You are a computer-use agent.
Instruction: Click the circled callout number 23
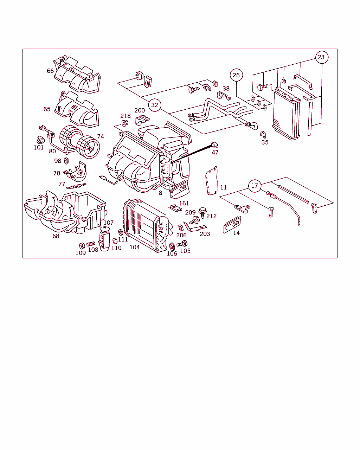322,57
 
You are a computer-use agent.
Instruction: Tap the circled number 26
236,75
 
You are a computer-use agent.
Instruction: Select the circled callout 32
155,105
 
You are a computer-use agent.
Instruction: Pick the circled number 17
255,186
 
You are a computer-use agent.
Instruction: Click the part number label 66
50,71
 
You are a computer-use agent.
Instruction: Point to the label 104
135,247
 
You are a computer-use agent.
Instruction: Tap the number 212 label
211,216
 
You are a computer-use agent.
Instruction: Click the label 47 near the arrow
215,152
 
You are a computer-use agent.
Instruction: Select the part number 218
125,116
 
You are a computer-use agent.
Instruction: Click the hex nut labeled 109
82,246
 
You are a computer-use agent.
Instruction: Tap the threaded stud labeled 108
91,244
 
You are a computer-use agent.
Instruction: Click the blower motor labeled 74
80,142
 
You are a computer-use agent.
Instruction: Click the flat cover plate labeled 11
212,181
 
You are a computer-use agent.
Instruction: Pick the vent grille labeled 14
232,225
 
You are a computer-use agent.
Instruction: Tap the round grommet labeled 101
40,140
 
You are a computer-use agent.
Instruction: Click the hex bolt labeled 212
202,212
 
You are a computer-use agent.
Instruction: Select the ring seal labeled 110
115,241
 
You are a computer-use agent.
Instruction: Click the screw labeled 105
182,244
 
